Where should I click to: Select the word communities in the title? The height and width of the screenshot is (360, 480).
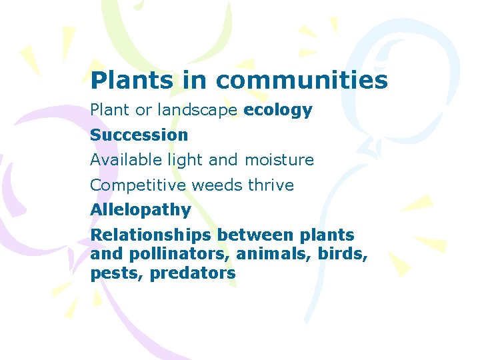tap(301, 80)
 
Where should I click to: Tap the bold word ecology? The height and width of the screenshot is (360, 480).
tap(278, 110)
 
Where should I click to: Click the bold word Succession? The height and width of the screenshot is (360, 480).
tap(139, 135)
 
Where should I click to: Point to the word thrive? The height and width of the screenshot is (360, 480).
tap(271, 185)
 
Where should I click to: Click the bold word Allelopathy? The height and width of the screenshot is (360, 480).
tap(141, 210)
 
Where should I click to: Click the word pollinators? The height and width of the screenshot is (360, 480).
tap(169, 254)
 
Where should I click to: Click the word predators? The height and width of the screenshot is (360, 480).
tap(193, 273)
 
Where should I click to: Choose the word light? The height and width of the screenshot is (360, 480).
tap(188, 160)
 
